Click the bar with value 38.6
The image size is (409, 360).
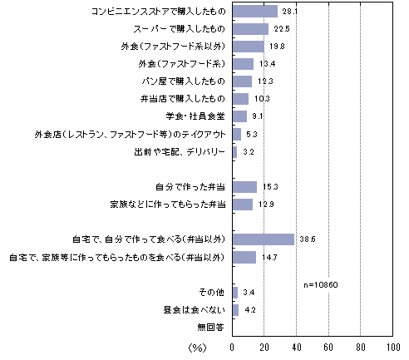pos(264,239)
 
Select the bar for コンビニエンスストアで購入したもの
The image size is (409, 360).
pos(255,12)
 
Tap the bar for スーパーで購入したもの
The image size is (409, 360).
pos(250,29)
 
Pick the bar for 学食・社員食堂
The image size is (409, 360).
pos(239,116)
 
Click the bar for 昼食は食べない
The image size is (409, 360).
pos(235,310)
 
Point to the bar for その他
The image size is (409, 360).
pos(235,293)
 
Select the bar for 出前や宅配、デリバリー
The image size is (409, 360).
pos(235,152)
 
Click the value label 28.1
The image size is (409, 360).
pos(290,12)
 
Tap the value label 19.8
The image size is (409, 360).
pos(277,47)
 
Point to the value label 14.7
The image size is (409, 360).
pos(269,258)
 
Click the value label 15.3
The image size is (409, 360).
pos(270,187)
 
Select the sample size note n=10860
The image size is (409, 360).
pos(321,285)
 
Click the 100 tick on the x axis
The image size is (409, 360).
pos(393,348)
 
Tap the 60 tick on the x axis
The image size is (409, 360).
pos(328,348)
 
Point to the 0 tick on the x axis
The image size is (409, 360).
pos(232,348)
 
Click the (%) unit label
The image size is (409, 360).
pos(197,348)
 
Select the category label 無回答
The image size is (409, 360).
pos(210,328)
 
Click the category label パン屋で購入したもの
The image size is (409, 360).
pos(183,81)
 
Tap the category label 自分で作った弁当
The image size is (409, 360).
pos(190,187)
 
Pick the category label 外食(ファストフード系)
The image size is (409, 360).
pos(182,64)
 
